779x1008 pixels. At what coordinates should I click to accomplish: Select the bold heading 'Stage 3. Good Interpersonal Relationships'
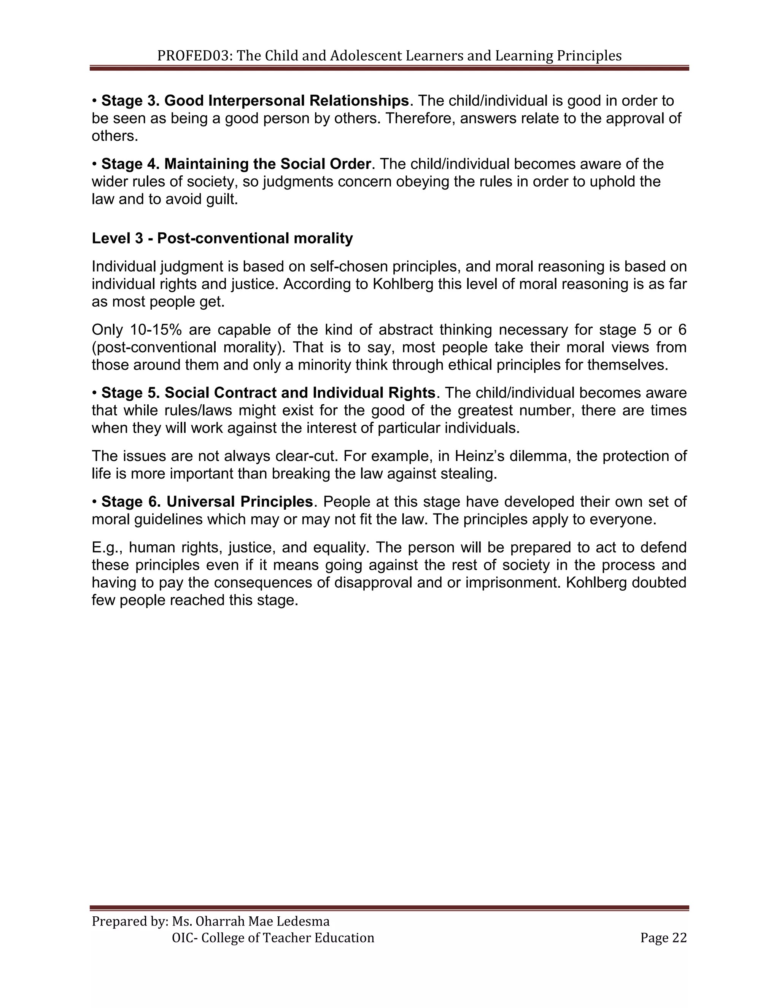coord(255,101)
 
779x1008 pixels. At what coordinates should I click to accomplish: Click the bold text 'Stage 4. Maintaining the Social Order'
coord(236,164)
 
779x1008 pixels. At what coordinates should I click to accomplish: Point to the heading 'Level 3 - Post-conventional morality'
coord(222,238)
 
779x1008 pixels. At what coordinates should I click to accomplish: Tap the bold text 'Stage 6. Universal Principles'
coord(207,502)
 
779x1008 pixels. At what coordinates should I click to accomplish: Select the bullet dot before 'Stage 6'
coord(95,502)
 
